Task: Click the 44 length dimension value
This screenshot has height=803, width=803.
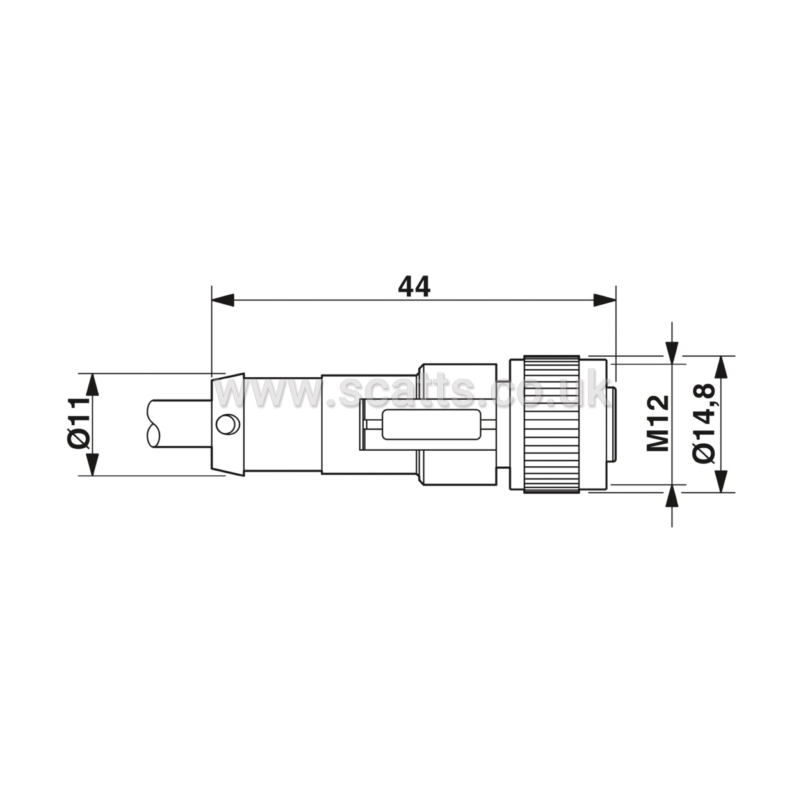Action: tap(414, 286)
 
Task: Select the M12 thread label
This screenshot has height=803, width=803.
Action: tap(658, 423)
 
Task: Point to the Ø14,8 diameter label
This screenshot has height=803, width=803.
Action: tap(704, 423)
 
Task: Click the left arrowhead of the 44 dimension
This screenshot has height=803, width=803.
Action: tap(223, 300)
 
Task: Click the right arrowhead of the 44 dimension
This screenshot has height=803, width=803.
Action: tap(604, 300)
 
